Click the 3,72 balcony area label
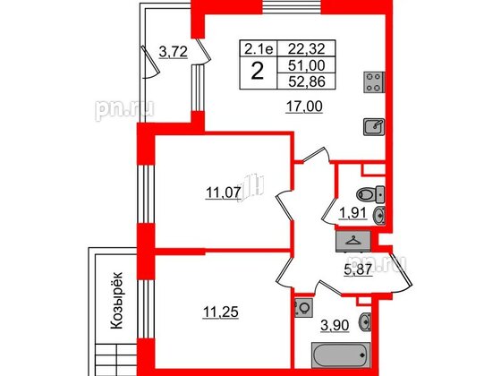173,52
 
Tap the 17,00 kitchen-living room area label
304,107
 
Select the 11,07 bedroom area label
223,192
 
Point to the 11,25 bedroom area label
221,312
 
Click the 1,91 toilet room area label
352,213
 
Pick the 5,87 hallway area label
358,269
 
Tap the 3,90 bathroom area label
335,326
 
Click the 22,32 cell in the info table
306,49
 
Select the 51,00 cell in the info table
306,65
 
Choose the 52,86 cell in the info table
306,81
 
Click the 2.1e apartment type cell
259,49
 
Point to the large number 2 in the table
258,72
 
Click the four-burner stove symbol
374,82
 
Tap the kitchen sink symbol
374,127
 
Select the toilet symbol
370,194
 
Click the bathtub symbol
341,355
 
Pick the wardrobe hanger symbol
353,240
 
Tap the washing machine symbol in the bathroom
304,308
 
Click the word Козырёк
116,300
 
